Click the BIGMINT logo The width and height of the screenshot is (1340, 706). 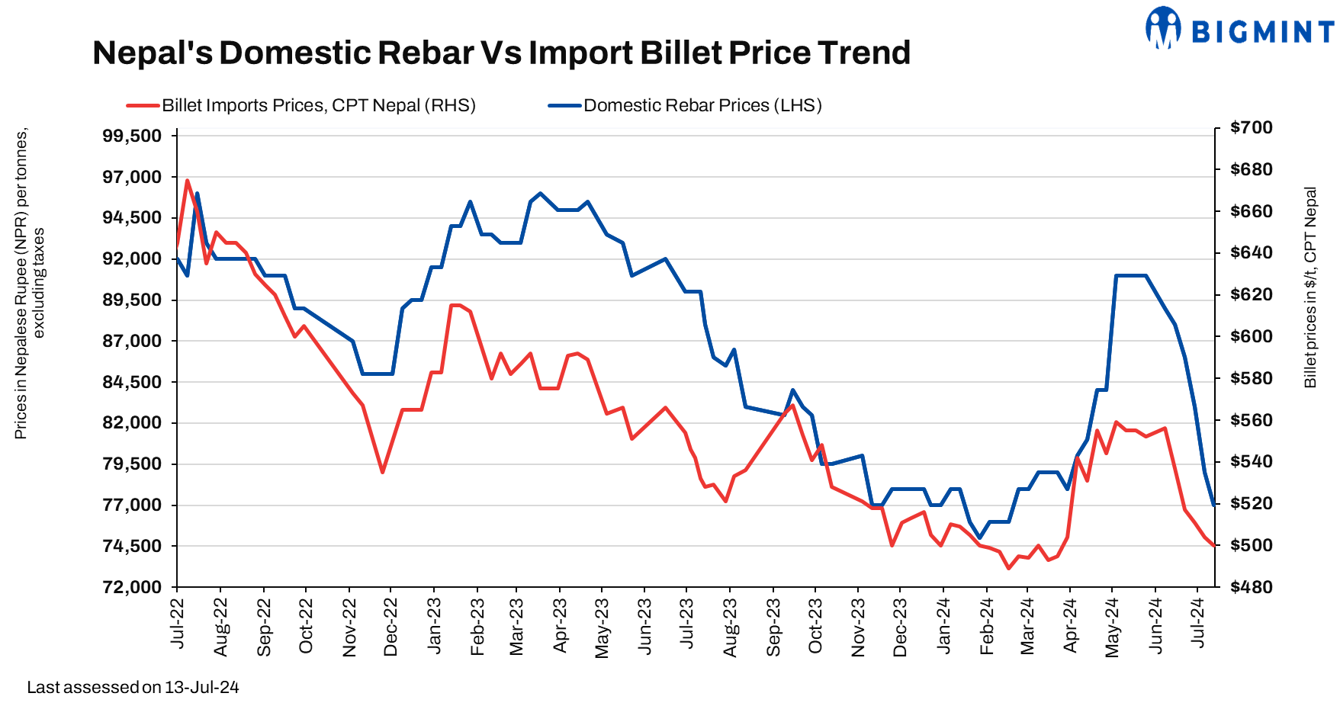(x=1240, y=30)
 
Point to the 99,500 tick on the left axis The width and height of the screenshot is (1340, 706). (x=132, y=136)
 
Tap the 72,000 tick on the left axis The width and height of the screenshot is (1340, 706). (x=132, y=587)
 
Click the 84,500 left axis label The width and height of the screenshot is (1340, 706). (x=132, y=382)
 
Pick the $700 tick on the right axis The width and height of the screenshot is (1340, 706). (x=1252, y=127)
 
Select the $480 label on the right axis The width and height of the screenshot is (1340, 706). (x=1252, y=587)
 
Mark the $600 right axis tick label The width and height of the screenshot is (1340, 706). (x=1252, y=336)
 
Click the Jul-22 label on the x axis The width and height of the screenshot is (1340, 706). (x=178, y=624)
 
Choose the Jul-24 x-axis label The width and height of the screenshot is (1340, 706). (x=1200, y=624)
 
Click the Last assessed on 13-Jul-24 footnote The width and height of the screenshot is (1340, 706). (x=133, y=688)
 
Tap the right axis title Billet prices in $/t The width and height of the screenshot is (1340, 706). (x=1310, y=287)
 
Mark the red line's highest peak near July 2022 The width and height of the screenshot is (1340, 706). (x=188, y=181)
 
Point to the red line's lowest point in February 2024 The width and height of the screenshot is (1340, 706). (x=1008, y=568)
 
